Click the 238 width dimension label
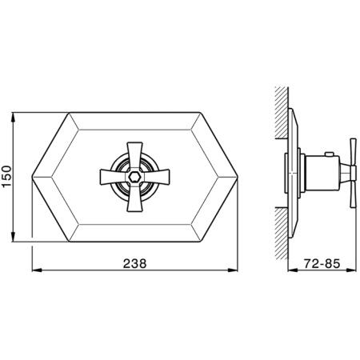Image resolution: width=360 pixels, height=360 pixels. coord(134,263)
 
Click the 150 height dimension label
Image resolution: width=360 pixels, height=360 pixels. coord(6,177)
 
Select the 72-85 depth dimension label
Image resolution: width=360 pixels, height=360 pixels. coord(322,264)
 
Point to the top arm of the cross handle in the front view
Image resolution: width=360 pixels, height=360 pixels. coord(134,157)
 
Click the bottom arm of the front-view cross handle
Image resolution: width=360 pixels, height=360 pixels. coord(134,197)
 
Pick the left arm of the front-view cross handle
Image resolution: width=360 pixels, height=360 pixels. coord(114,177)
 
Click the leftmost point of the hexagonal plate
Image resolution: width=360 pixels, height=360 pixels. coord(32,177)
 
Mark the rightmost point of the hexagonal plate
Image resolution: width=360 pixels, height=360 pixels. coord(238,177)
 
